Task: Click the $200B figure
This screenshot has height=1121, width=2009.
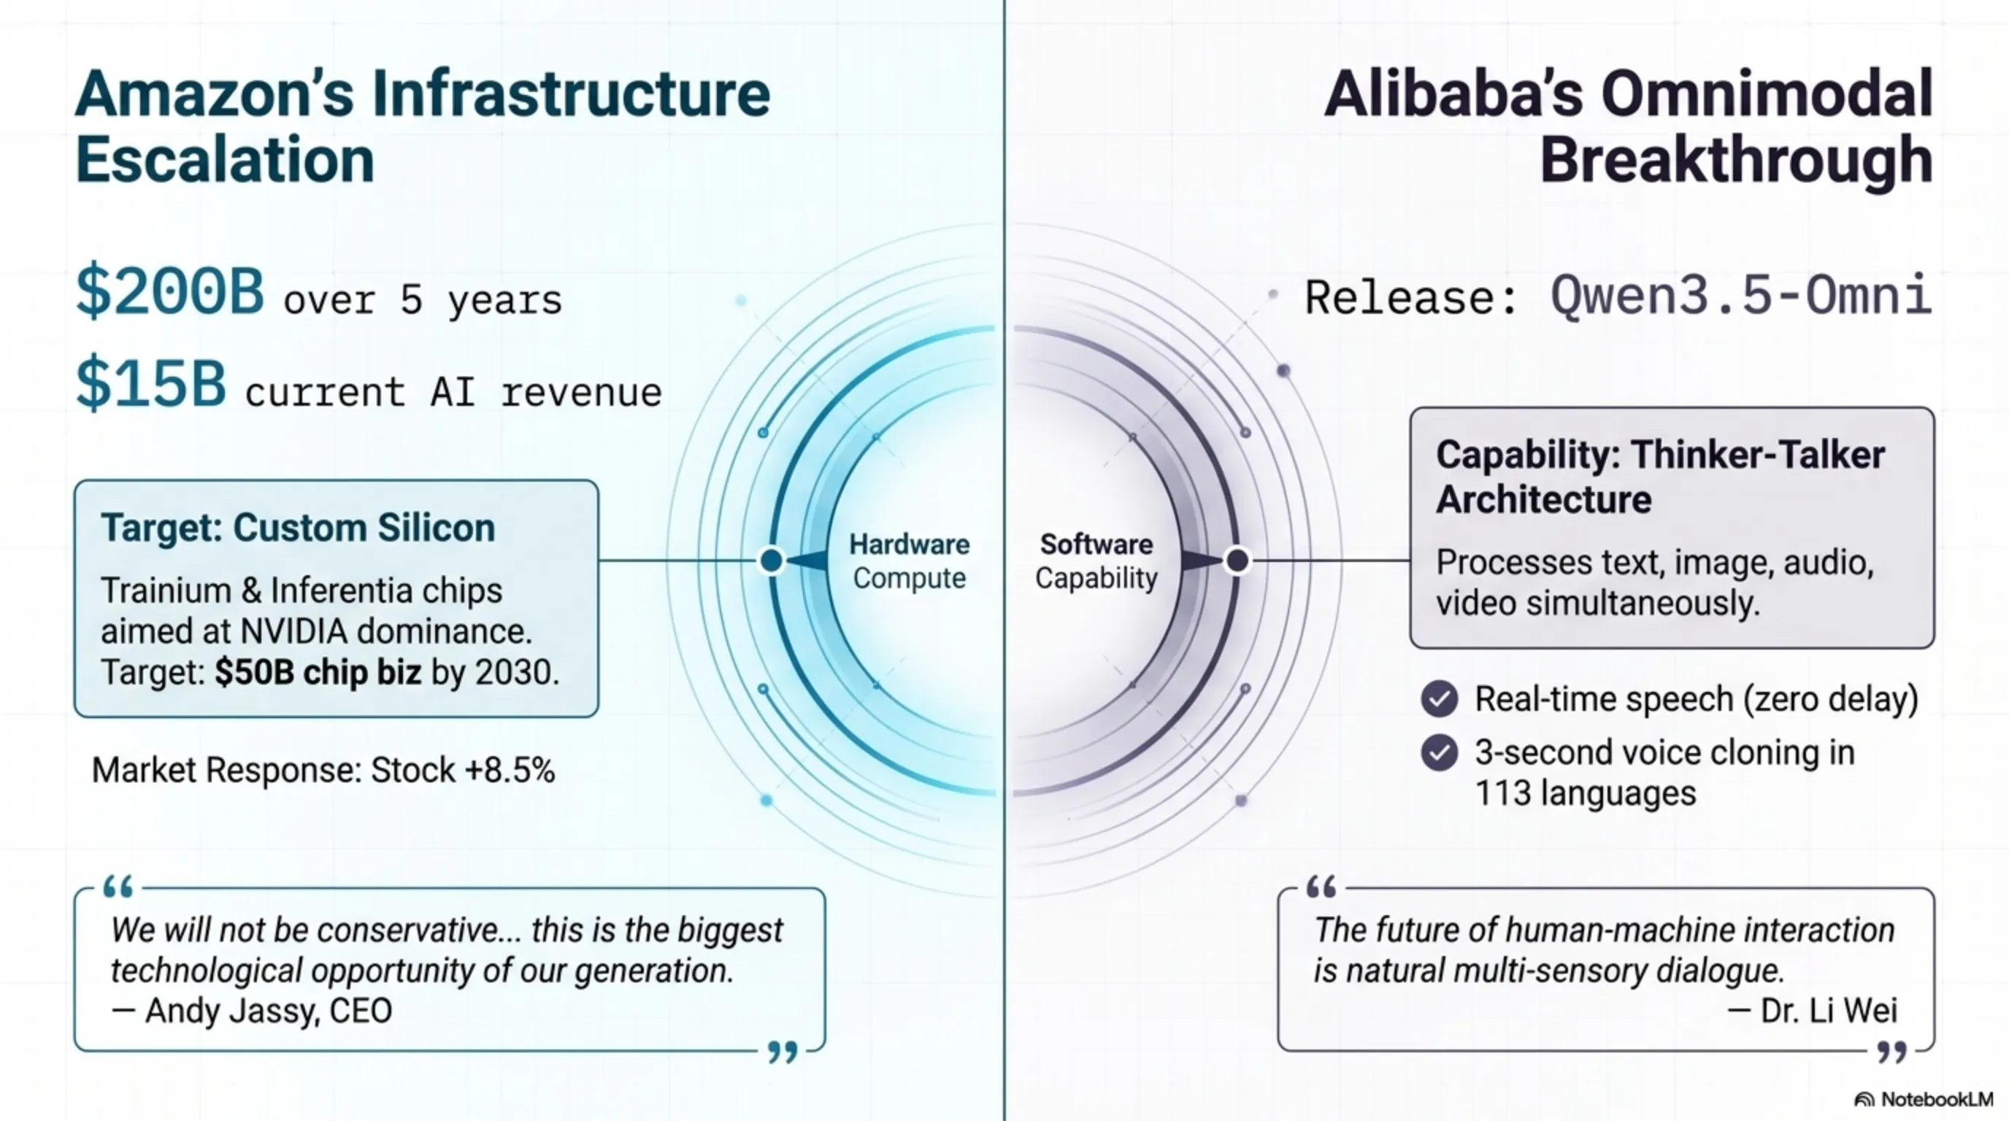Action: point(170,290)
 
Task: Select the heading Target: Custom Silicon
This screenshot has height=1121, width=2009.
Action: point(298,528)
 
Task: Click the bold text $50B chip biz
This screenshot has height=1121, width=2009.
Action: point(318,671)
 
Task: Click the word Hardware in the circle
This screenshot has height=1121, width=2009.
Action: point(910,544)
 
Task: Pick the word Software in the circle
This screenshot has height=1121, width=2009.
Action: point(1096,544)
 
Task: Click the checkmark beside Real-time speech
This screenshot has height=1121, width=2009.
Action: point(1440,698)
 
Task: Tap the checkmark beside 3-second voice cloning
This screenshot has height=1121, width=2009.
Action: point(1440,753)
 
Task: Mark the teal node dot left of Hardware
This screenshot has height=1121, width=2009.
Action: point(772,560)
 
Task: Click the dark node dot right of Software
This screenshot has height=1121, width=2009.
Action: point(1237,560)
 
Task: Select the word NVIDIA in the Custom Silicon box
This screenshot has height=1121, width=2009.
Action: point(293,631)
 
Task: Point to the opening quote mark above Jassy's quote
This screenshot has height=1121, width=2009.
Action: point(118,886)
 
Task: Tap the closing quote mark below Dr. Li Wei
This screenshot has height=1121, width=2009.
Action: point(1892,1052)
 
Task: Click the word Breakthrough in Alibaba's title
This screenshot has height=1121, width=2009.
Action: point(1737,160)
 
